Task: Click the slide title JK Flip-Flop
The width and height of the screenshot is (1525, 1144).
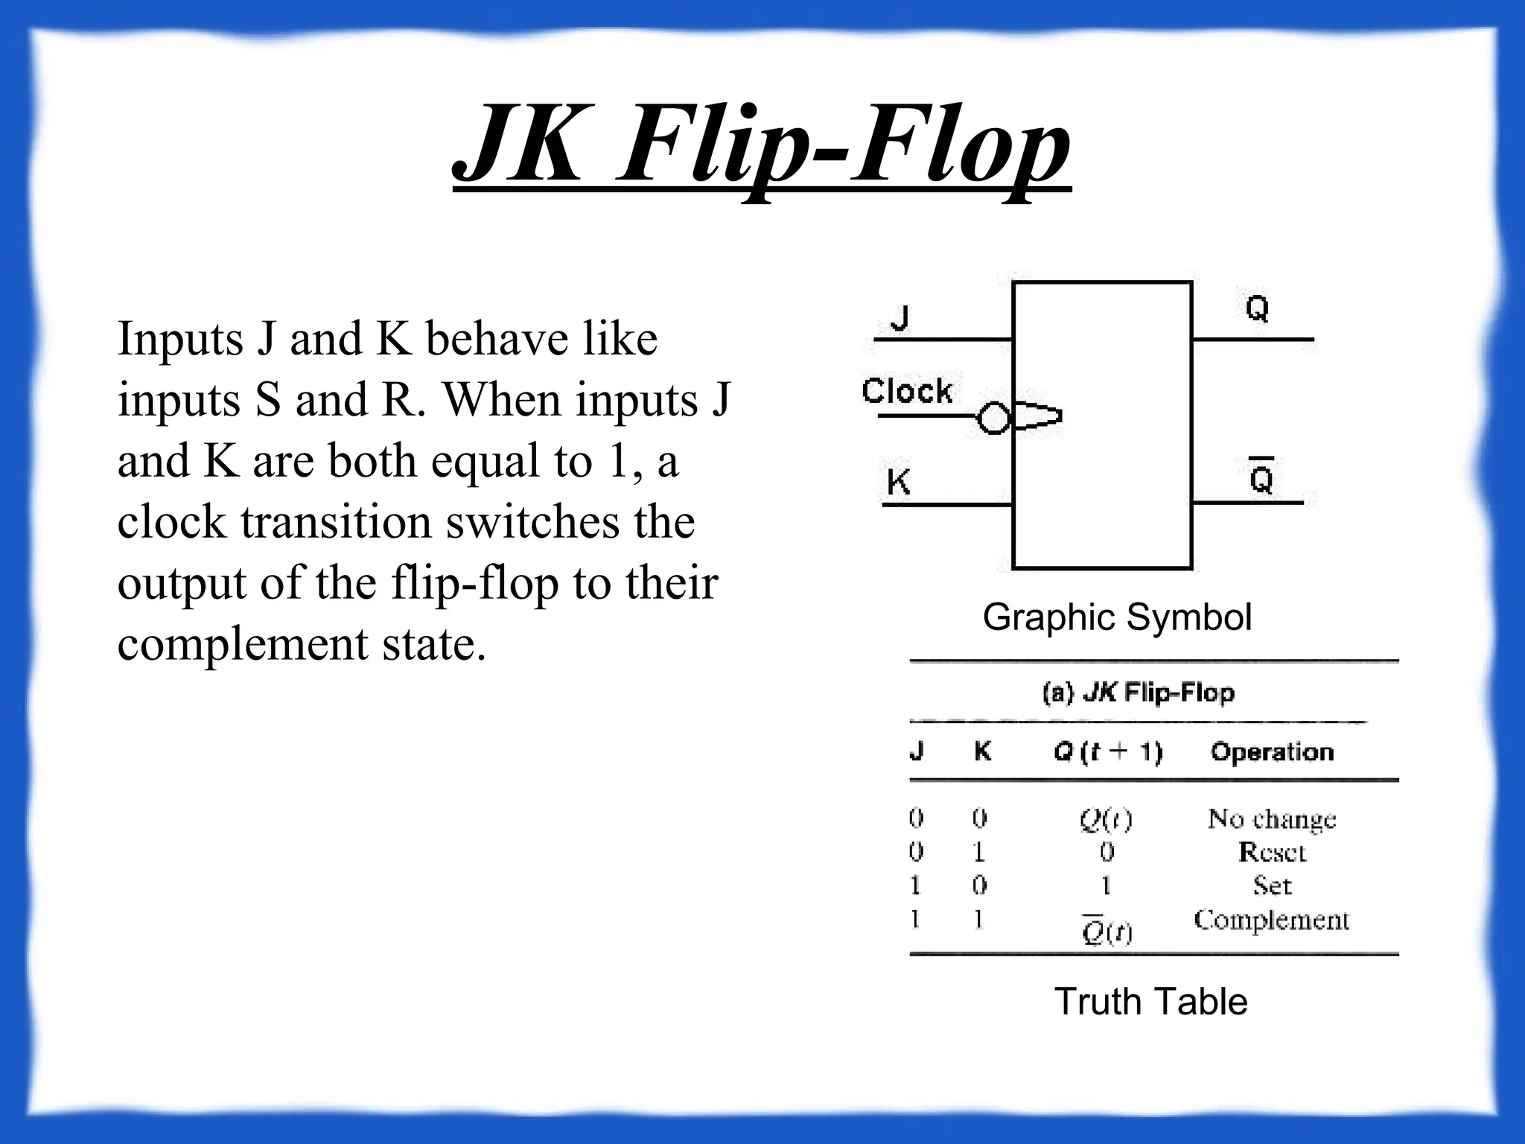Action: click(x=762, y=145)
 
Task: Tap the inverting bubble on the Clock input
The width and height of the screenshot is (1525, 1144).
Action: click(x=993, y=417)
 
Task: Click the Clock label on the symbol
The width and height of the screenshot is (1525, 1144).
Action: click(x=907, y=390)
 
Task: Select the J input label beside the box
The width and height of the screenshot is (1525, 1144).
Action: click(x=900, y=319)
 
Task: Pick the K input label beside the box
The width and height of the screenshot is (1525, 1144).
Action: click(x=899, y=482)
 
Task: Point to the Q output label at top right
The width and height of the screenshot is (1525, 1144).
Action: click(x=1257, y=308)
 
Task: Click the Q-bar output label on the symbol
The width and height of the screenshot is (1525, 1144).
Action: click(x=1261, y=477)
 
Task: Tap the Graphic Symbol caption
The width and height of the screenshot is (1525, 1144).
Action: click(x=1117, y=617)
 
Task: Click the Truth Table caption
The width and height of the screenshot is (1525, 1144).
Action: click(x=1150, y=1001)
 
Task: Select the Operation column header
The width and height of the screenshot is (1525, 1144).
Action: click(x=1272, y=752)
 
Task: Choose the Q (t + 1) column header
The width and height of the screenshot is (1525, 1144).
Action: click(x=1107, y=752)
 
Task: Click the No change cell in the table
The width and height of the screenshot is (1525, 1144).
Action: click(x=1272, y=819)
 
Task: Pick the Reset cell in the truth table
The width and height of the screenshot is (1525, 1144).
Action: click(x=1272, y=852)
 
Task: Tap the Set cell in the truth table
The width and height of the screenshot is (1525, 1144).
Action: click(x=1272, y=886)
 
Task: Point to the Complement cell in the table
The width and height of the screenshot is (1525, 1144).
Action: click(x=1272, y=921)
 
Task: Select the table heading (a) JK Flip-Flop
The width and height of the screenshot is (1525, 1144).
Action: click(x=1138, y=693)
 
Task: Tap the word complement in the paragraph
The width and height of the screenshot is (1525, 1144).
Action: click(x=243, y=643)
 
